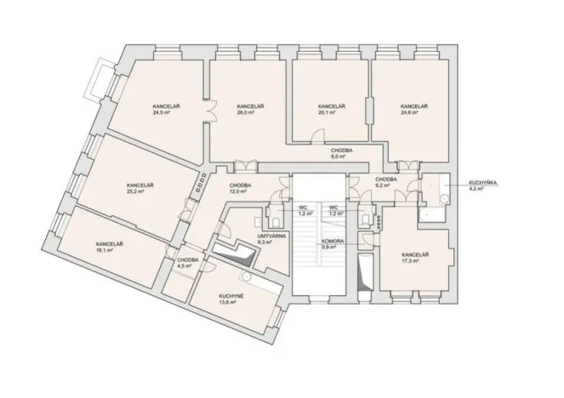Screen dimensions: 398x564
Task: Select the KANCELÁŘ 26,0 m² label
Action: pos(250,109)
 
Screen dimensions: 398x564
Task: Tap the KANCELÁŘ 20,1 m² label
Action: pos(330,109)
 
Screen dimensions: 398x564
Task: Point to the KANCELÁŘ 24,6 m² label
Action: pos(413,109)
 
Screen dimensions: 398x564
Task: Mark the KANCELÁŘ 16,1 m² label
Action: pos(109,247)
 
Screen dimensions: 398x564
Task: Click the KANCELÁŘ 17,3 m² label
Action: pos(414,258)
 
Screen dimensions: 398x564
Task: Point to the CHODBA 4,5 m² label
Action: pos(188,263)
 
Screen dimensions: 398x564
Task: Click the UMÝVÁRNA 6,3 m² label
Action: pos(269,239)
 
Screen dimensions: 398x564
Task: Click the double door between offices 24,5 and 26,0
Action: pos(207,111)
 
